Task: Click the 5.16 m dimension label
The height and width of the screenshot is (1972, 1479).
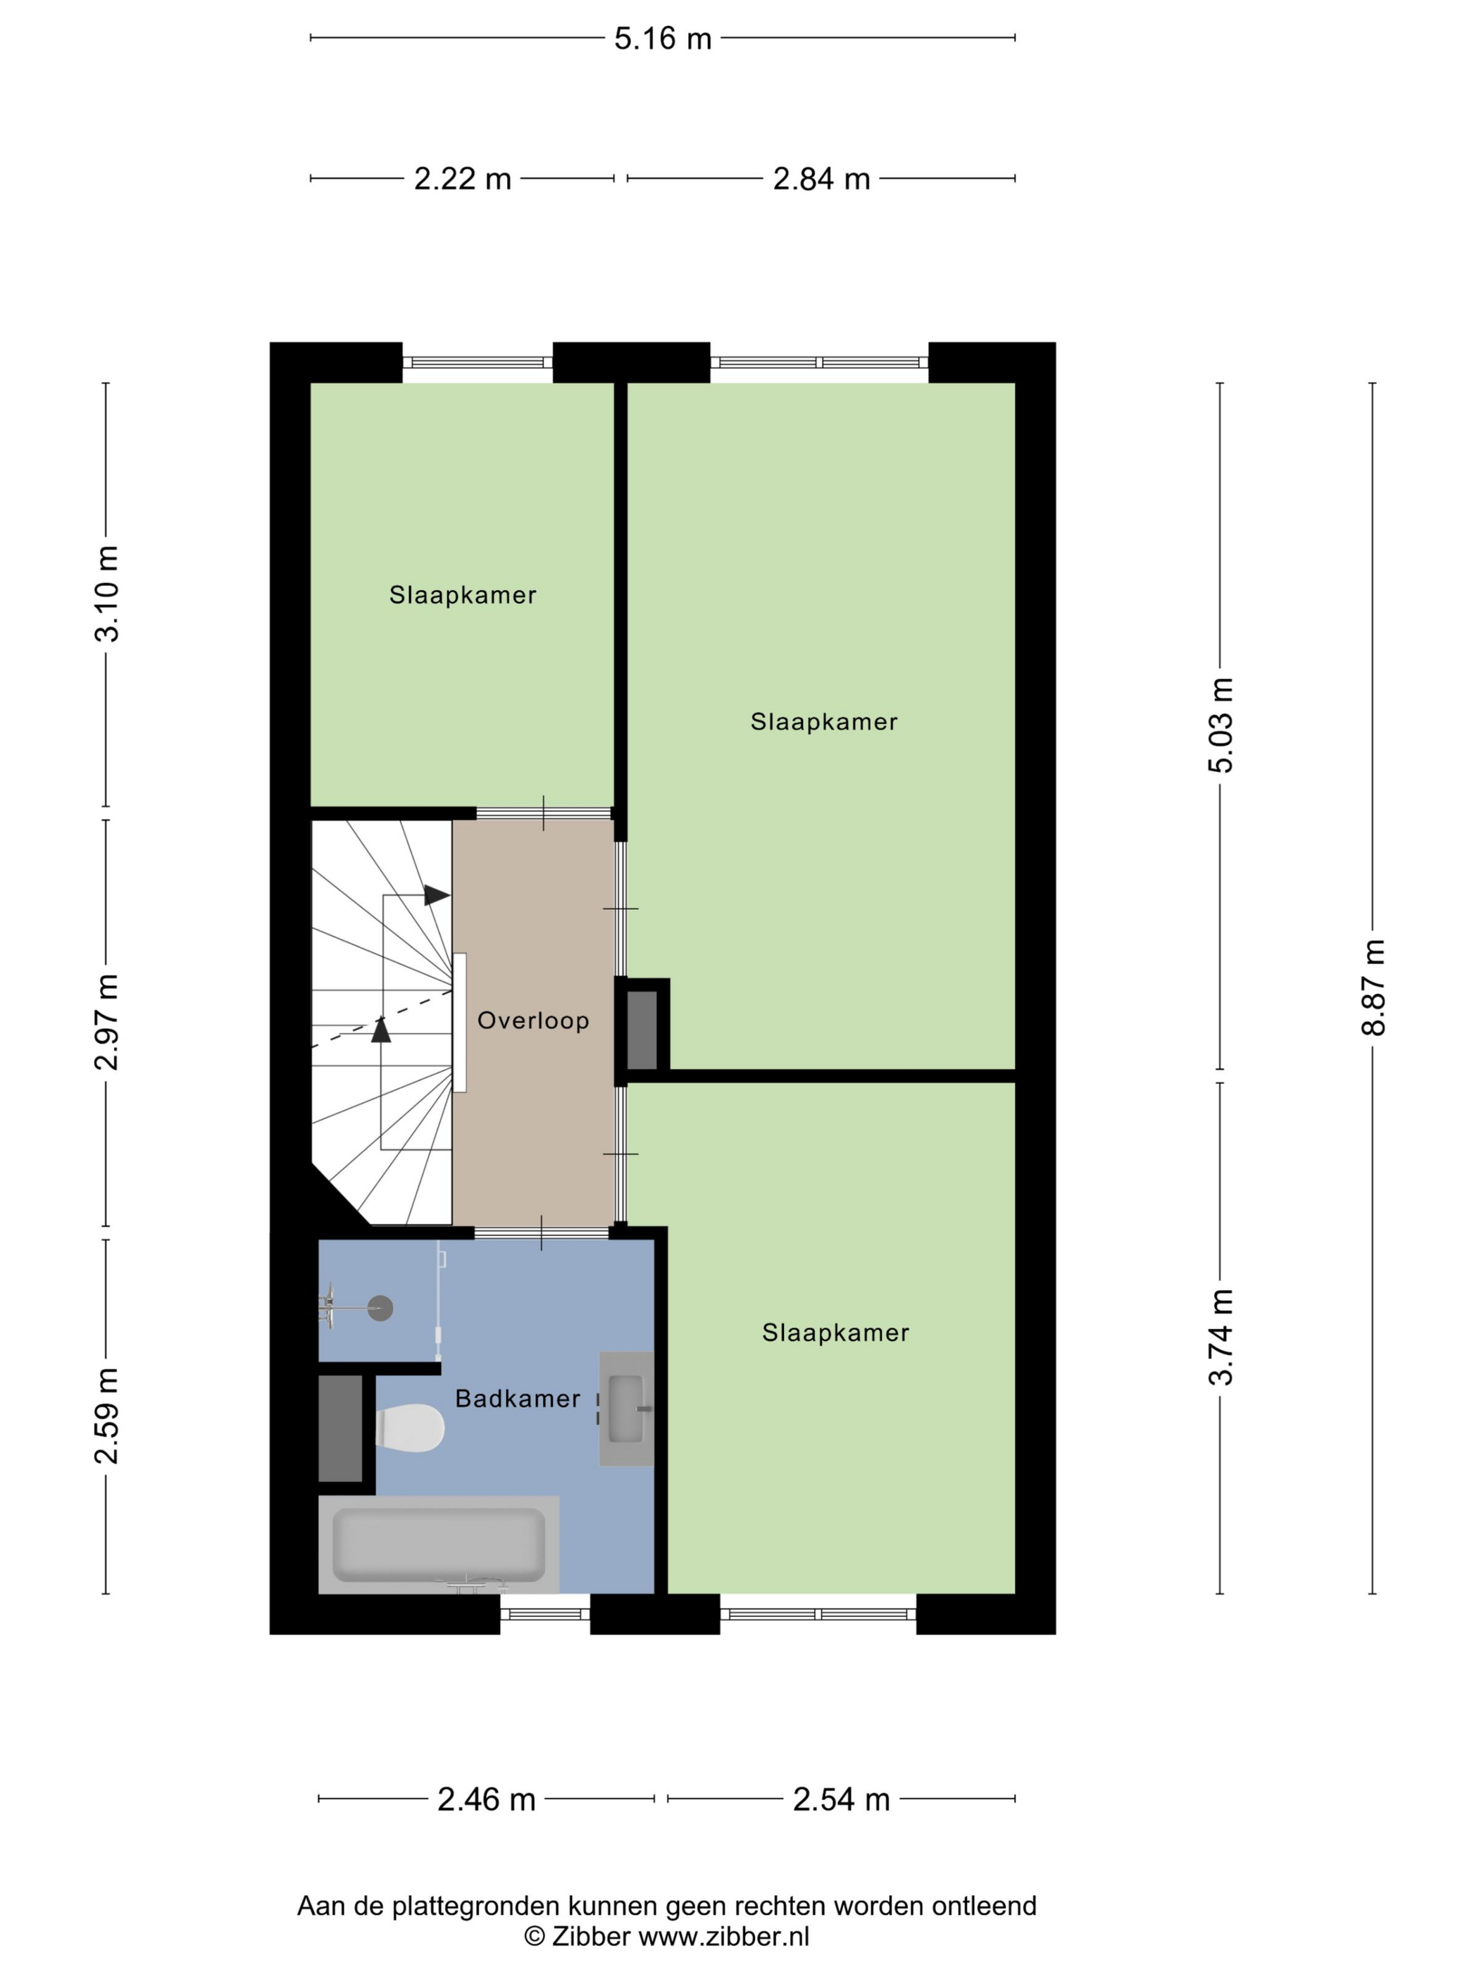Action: click(x=663, y=38)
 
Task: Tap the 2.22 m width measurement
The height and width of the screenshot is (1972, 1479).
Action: click(x=463, y=179)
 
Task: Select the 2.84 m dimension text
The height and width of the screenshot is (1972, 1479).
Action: click(x=821, y=179)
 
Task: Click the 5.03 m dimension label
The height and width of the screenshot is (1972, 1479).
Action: click(x=1221, y=725)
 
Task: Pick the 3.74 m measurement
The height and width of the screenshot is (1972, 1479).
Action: click(x=1221, y=1337)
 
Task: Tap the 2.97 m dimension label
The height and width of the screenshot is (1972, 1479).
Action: click(x=106, y=1022)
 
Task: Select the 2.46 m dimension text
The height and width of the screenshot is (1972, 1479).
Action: click(x=486, y=1800)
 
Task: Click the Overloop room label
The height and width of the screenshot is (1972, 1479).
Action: click(x=533, y=1021)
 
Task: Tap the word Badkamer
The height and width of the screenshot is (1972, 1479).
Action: click(x=518, y=1399)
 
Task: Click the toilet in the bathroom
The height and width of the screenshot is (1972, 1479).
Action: click(x=409, y=1428)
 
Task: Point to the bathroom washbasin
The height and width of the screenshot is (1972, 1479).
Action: click(x=626, y=1409)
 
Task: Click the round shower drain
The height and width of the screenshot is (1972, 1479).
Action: click(x=381, y=1308)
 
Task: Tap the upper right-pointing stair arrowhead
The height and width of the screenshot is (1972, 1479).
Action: click(x=436, y=895)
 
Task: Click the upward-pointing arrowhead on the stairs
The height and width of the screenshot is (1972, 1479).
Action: click(x=382, y=1030)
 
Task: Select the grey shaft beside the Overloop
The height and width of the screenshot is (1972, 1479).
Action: click(x=642, y=1030)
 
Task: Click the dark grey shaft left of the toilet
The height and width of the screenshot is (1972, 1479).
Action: click(x=341, y=1428)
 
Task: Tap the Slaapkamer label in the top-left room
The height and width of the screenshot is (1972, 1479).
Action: click(x=463, y=596)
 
